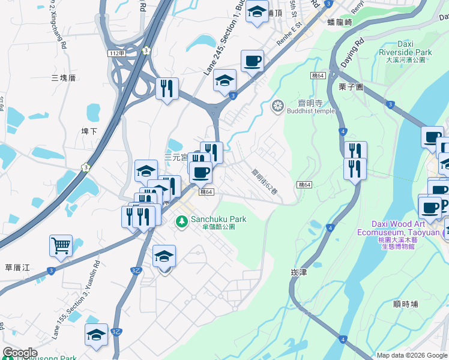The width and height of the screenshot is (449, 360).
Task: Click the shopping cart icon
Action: (x=61, y=245)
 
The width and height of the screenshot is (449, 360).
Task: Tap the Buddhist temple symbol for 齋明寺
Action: (x=277, y=107)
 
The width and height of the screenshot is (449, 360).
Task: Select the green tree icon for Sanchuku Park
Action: (x=182, y=222)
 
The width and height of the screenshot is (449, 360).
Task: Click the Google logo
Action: (x=19, y=353)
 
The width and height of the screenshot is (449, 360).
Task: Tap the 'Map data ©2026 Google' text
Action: (x=412, y=355)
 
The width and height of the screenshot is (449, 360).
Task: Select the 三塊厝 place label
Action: (x=64, y=78)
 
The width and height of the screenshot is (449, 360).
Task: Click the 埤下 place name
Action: (x=89, y=130)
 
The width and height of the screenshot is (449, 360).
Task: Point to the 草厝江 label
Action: (x=17, y=266)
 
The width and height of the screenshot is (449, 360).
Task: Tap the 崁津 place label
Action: (x=298, y=272)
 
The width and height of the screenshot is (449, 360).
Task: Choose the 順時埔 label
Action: (x=405, y=304)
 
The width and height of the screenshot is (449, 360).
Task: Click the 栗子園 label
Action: (x=351, y=87)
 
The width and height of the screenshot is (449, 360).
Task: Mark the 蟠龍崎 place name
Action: (x=340, y=22)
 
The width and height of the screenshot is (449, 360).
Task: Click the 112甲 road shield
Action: (x=117, y=53)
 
